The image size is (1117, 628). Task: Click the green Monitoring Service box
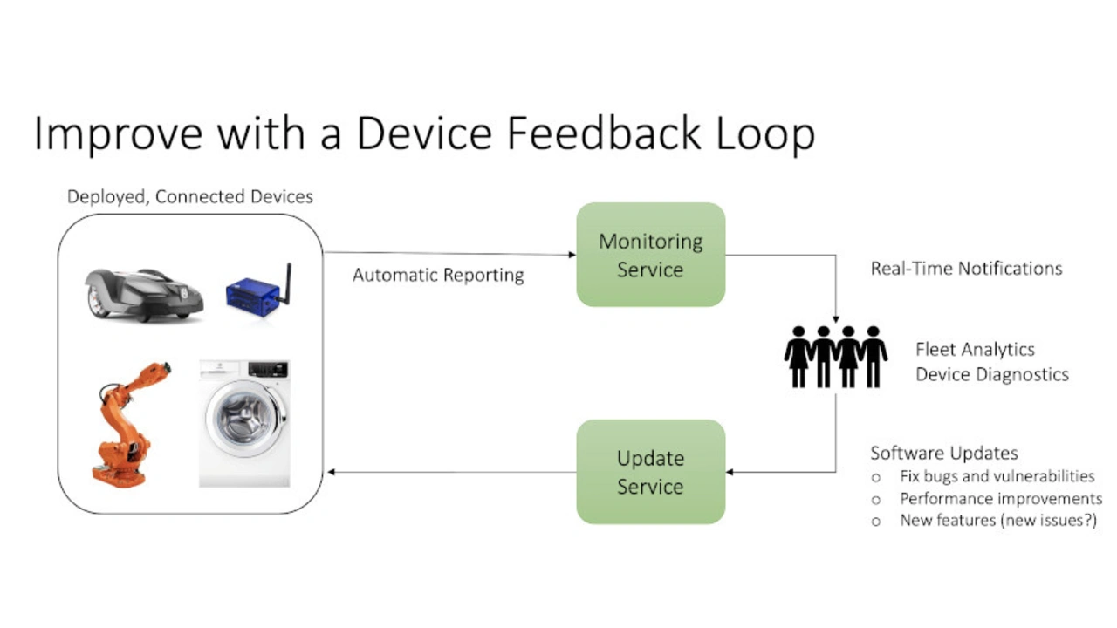(x=650, y=255)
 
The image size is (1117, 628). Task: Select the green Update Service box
(x=650, y=472)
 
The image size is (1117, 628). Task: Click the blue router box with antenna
(x=252, y=297)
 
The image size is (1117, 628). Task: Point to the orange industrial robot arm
(x=127, y=423)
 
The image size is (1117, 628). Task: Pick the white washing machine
(x=244, y=423)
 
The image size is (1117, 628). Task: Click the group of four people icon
(x=835, y=357)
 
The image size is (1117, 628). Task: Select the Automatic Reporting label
(x=438, y=276)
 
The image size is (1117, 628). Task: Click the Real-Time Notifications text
(x=966, y=269)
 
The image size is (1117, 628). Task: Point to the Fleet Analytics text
(x=975, y=350)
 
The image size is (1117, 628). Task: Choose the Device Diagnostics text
(x=991, y=374)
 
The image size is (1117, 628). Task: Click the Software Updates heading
(x=944, y=454)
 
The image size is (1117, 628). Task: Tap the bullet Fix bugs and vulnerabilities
(x=997, y=476)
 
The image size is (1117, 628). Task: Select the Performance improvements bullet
(x=1001, y=499)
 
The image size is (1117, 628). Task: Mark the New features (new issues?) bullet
(x=997, y=521)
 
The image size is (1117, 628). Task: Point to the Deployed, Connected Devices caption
(x=190, y=196)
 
